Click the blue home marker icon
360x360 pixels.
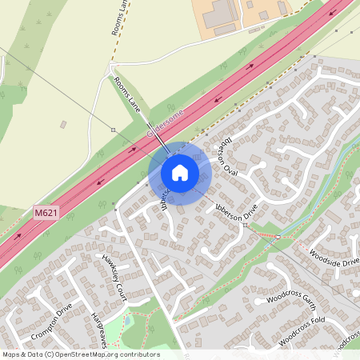click(180, 173)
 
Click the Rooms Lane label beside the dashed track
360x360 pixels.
click(118, 18)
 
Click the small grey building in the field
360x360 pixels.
click(63, 125)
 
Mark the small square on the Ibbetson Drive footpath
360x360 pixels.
click(277, 237)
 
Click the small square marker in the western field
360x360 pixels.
click(114, 129)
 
